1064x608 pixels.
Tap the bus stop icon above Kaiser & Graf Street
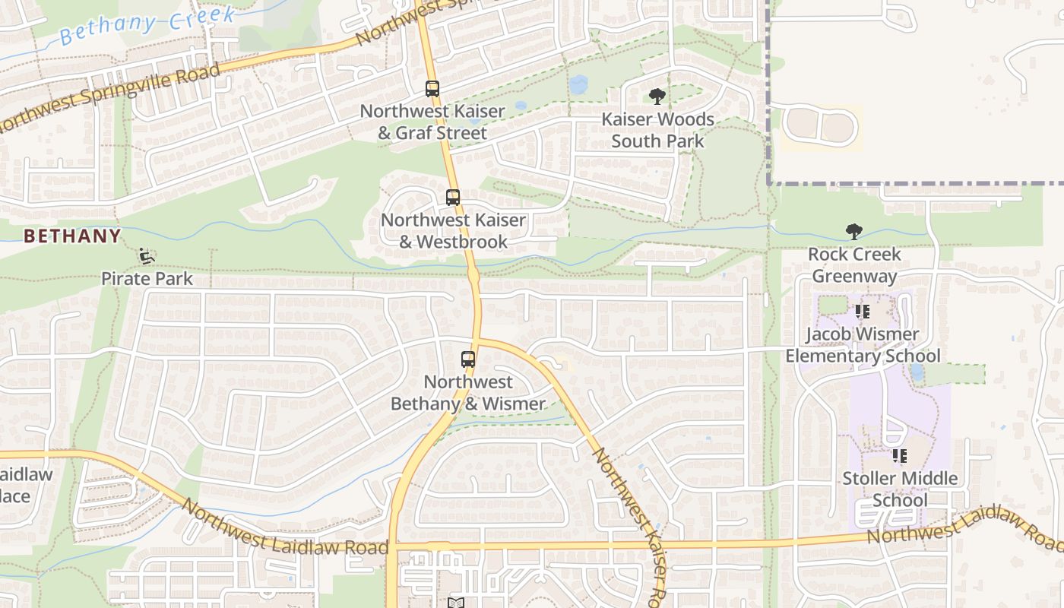coord(432,89)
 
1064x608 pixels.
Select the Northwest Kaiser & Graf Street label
coord(432,122)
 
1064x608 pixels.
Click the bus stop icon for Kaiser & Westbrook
coord(453,198)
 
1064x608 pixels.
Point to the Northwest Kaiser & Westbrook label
coord(453,231)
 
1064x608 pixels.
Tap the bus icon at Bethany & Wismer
coord(468,359)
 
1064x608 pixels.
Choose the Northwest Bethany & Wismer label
coord(468,393)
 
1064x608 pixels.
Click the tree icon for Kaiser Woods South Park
coord(657,97)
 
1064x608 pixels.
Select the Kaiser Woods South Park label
coord(657,130)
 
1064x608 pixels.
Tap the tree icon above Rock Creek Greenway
coord(854,232)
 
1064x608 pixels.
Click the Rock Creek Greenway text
coord(854,265)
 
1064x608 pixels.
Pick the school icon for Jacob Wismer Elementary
coord(862,312)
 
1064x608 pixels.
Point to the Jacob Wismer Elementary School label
coord(863,345)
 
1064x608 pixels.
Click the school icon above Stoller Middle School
coord(900,456)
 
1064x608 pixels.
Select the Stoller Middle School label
coord(900,489)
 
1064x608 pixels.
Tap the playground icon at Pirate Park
coord(147,257)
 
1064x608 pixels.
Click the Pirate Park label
coord(147,279)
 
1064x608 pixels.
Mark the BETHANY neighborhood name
coord(72,236)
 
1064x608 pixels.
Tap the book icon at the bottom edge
coord(456,603)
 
